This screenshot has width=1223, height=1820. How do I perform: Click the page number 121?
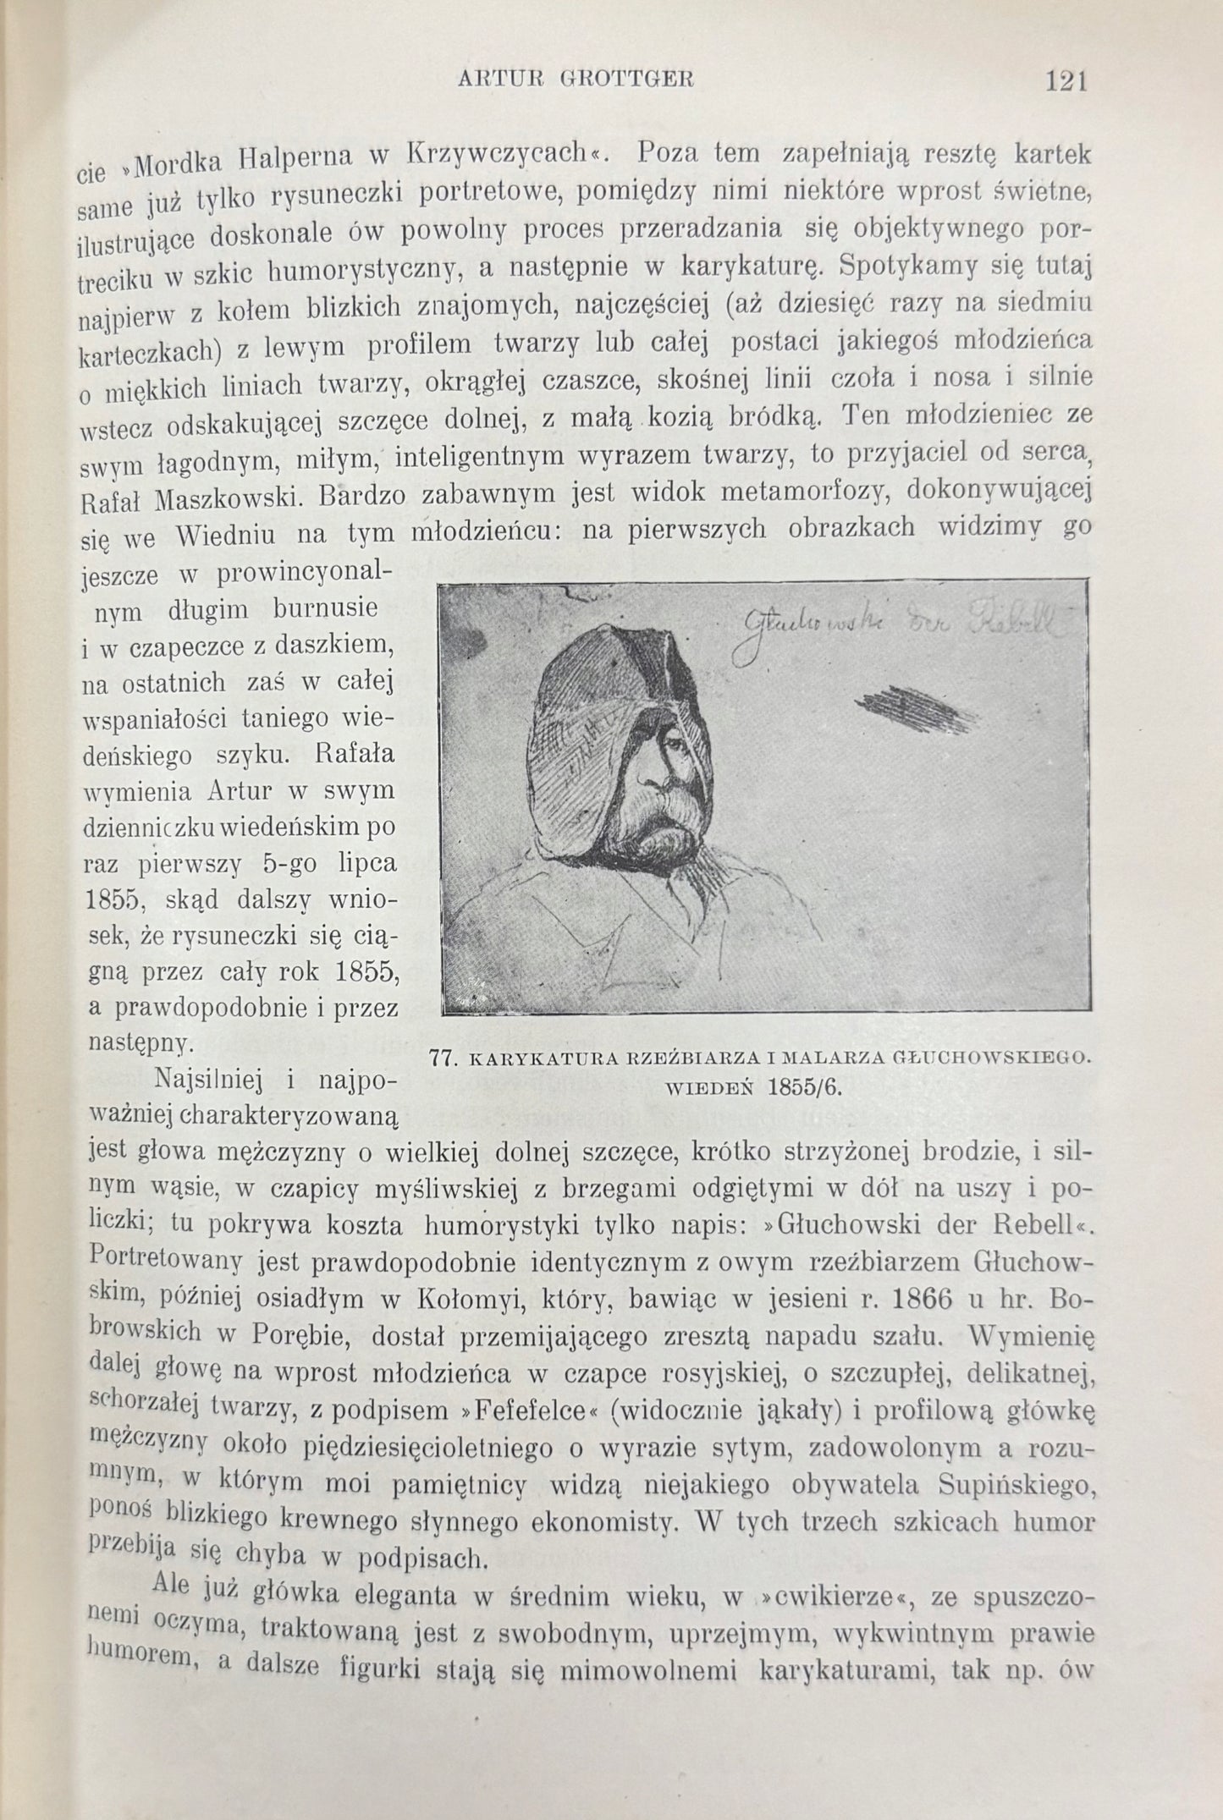(x=1065, y=81)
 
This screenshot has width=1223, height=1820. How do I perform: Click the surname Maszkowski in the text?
(x=227, y=496)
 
